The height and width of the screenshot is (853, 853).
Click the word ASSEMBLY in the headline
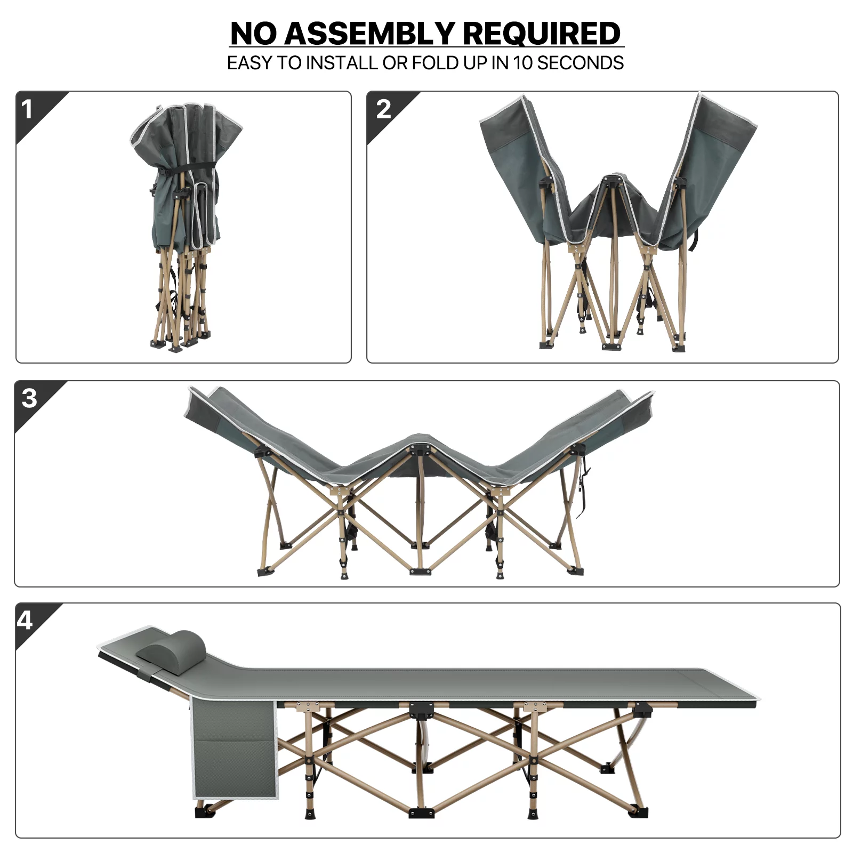click(x=369, y=34)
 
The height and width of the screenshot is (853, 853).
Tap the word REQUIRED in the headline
click(x=542, y=34)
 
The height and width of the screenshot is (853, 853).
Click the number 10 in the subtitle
click(x=522, y=63)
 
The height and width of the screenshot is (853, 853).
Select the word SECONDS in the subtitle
click(x=580, y=63)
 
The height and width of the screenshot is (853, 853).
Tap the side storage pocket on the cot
click(x=234, y=750)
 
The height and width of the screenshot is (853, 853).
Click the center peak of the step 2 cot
click(x=613, y=178)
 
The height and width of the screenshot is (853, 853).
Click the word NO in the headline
click(x=253, y=34)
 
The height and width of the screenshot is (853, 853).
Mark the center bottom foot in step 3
click(x=420, y=572)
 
